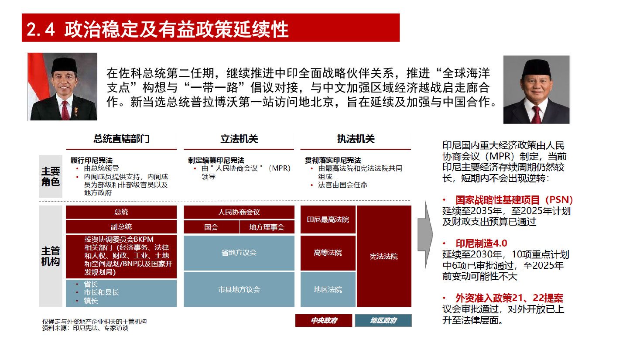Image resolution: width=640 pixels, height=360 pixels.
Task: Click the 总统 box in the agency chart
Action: tap(121, 212)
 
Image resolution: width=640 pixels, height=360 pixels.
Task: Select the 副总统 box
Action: tap(121, 227)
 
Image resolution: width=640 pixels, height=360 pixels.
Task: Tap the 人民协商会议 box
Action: tap(239, 212)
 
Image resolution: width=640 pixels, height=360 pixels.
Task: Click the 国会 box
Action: tap(211, 227)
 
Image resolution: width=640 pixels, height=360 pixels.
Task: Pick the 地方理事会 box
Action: tap(267, 227)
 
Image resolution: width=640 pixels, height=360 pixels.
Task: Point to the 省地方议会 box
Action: tap(239, 253)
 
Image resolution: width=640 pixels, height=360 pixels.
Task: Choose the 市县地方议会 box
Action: tap(239, 289)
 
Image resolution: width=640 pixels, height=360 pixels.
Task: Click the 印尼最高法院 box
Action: tap(328, 219)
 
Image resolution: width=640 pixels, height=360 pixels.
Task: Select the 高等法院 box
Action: tap(328, 253)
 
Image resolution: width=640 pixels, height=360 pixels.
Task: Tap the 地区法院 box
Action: tap(328, 289)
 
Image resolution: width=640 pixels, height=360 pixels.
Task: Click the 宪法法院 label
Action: tap(384, 256)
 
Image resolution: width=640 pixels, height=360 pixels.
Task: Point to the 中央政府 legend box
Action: tap(324, 320)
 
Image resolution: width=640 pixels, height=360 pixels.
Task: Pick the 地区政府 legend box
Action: tap(383, 320)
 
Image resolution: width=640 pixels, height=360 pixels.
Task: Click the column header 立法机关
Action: tap(239, 139)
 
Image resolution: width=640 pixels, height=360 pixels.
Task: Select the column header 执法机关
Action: tap(356, 139)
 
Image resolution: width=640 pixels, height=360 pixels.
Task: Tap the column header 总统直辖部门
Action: tap(121, 139)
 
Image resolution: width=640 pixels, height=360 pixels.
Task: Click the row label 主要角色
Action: tap(51, 176)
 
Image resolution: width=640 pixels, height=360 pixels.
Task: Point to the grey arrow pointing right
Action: tap(425, 235)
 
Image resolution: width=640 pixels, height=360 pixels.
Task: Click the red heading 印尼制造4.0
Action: tap(482, 243)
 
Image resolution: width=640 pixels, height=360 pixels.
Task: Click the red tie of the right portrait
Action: tap(536, 114)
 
